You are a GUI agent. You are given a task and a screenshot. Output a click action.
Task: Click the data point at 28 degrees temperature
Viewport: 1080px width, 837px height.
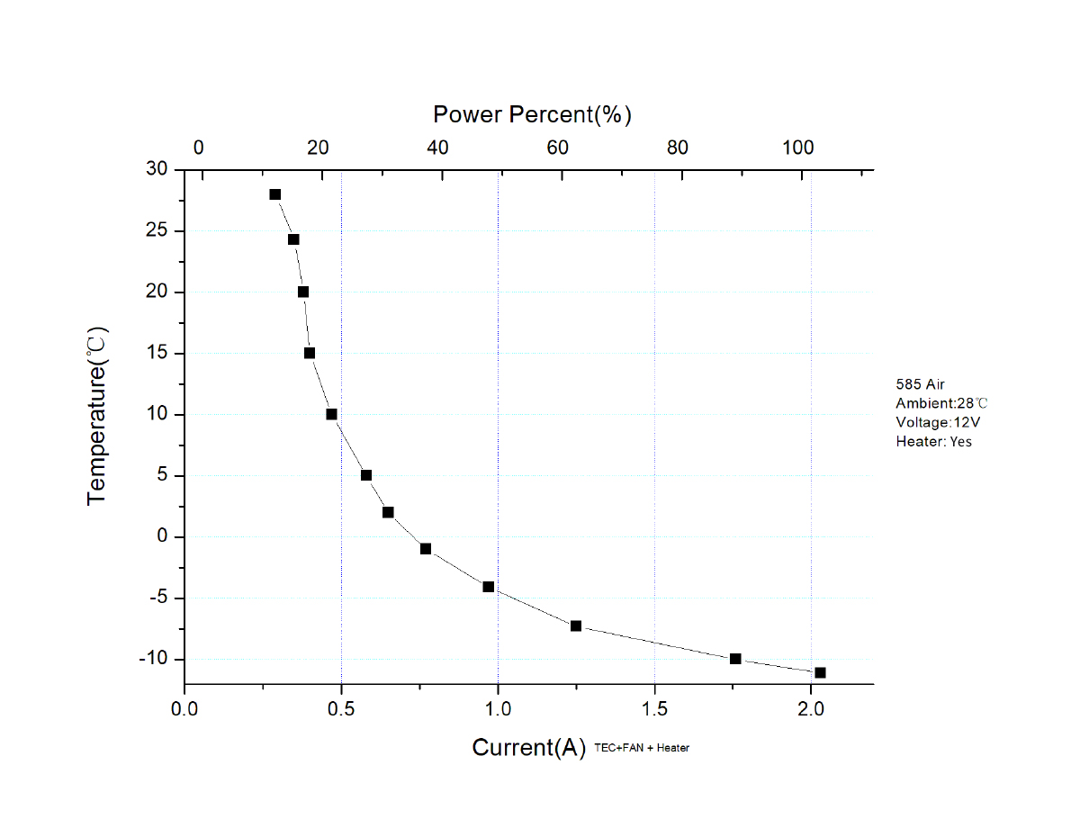pos(274,194)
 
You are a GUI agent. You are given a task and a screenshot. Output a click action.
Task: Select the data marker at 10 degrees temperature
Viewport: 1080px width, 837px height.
pos(331,414)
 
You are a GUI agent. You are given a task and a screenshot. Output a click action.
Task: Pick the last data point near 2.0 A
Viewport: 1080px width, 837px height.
pos(820,672)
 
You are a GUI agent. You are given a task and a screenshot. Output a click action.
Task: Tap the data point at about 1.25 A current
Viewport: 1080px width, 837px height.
pos(576,625)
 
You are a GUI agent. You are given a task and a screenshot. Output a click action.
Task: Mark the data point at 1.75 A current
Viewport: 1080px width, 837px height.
pos(735,659)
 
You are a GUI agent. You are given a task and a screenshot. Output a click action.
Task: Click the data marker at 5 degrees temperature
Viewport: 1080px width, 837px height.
pos(366,475)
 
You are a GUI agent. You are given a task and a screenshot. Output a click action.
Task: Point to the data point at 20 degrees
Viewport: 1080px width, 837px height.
pos(303,292)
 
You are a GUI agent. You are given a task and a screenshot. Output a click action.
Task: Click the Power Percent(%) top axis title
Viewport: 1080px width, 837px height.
pos(532,114)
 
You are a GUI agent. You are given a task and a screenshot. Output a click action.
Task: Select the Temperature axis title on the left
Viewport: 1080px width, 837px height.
pos(97,416)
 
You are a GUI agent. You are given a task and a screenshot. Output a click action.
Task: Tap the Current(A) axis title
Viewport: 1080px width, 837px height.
pos(529,748)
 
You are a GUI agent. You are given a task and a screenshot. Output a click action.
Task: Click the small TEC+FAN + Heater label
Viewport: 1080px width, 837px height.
pos(642,748)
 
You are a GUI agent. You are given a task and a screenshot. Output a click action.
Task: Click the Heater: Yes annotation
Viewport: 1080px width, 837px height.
pos(933,441)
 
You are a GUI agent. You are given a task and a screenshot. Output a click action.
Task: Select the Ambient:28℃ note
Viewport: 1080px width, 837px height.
pos(935,403)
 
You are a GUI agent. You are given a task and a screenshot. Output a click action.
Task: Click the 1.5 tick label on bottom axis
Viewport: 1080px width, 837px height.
pos(654,708)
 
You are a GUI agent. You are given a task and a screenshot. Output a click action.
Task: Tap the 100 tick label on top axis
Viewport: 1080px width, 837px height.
pos(796,148)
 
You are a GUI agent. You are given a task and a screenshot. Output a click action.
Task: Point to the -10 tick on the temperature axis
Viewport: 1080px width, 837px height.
pos(155,659)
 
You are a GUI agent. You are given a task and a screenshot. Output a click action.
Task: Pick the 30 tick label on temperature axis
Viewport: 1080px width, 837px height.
pos(158,169)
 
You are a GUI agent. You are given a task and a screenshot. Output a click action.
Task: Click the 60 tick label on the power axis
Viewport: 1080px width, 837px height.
pos(557,148)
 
